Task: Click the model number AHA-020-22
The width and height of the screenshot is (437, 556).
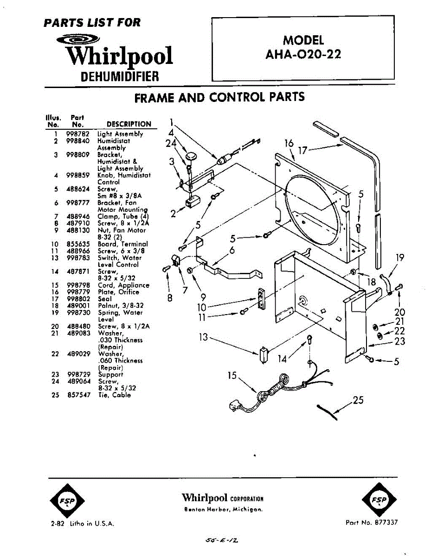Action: [x=303, y=54]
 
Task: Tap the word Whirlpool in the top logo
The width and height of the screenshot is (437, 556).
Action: [x=119, y=56]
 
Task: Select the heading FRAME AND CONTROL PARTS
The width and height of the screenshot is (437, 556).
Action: [x=219, y=97]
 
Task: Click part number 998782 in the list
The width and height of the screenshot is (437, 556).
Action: [x=78, y=134]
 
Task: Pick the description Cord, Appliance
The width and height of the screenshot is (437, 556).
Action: [x=123, y=285]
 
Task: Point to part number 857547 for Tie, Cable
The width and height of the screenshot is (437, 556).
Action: [x=78, y=395]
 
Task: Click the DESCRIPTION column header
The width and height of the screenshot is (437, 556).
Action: [x=129, y=124]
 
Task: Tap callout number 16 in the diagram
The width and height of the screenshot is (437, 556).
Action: [x=289, y=143]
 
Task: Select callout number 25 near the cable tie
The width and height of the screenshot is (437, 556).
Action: [x=358, y=400]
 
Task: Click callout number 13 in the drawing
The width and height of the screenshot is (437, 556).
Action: [x=203, y=337]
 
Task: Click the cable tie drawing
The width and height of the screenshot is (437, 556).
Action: [x=327, y=412]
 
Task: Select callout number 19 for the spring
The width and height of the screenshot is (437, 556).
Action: [x=399, y=258]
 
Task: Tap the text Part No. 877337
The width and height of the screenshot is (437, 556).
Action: [x=372, y=522]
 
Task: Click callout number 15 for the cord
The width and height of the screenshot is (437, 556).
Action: [x=232, y=375]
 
